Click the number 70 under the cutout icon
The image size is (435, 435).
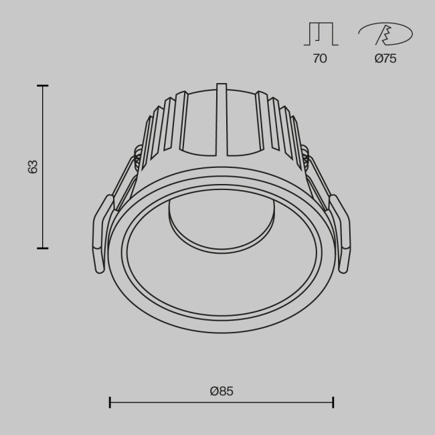[320, 59]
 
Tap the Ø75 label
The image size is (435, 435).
[385, 59]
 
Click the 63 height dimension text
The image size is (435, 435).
[33, 167]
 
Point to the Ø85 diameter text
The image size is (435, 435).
[221, 391]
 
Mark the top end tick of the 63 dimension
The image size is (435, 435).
[43, 86]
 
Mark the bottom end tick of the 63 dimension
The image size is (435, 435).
[43, 248]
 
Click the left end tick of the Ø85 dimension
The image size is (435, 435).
[110, 402]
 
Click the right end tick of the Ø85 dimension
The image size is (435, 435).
[333, 402]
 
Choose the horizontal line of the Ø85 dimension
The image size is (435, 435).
[221, 402]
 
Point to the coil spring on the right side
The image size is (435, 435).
[306, 159]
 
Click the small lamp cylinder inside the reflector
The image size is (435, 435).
[222, 224]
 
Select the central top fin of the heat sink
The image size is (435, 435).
[222, 117]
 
